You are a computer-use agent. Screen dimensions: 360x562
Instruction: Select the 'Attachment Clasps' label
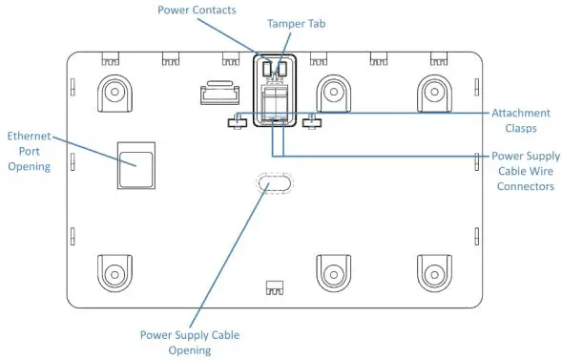pyautogui.click(x=525, y=119)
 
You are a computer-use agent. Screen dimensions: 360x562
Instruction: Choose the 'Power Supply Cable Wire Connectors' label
pyautogui.click(x=525, y=171)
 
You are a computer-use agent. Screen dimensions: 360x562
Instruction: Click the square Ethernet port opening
pyautogui.click(x=134, y=163)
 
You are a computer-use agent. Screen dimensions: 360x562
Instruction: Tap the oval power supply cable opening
pyautogui.click(x=275, y=184)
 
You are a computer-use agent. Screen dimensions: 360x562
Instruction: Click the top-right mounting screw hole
pyautogui.click(x=433, y=93)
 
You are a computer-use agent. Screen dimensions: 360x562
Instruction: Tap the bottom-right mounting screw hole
pyautogui.click(x=433, y=271)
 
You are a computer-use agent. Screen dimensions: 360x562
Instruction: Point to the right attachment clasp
pyautogui.click(x=309, y=121)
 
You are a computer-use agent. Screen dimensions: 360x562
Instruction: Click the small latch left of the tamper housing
pyautogui.click(x=218, y=94)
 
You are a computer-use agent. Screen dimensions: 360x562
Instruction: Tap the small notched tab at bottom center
pyautogui.click(x=275, y=286)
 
